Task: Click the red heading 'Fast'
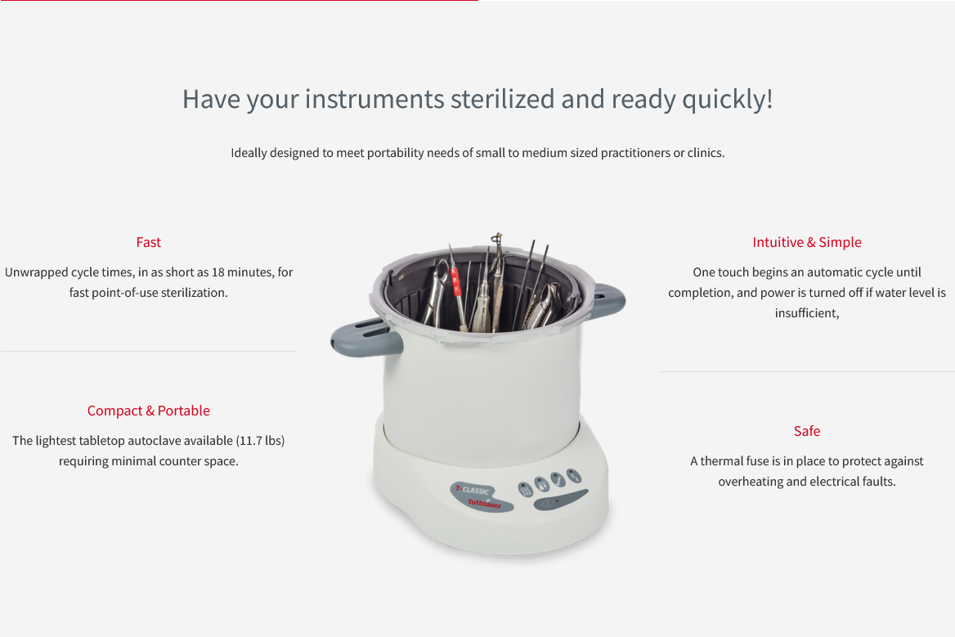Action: [149, 242]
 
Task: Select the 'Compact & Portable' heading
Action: [149, 410]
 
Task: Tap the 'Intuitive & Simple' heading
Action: [807, 242]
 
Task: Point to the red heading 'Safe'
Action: [807, 431]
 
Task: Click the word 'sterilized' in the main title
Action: [502, 99]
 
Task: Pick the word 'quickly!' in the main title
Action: [727, 100]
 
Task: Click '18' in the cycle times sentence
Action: [218, 272]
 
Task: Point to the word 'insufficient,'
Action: [807, 313]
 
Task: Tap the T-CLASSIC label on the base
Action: [473, 490]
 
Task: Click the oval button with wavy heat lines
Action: [525, 488]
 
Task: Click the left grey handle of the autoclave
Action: [366, 337]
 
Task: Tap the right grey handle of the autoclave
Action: [605, 299]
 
